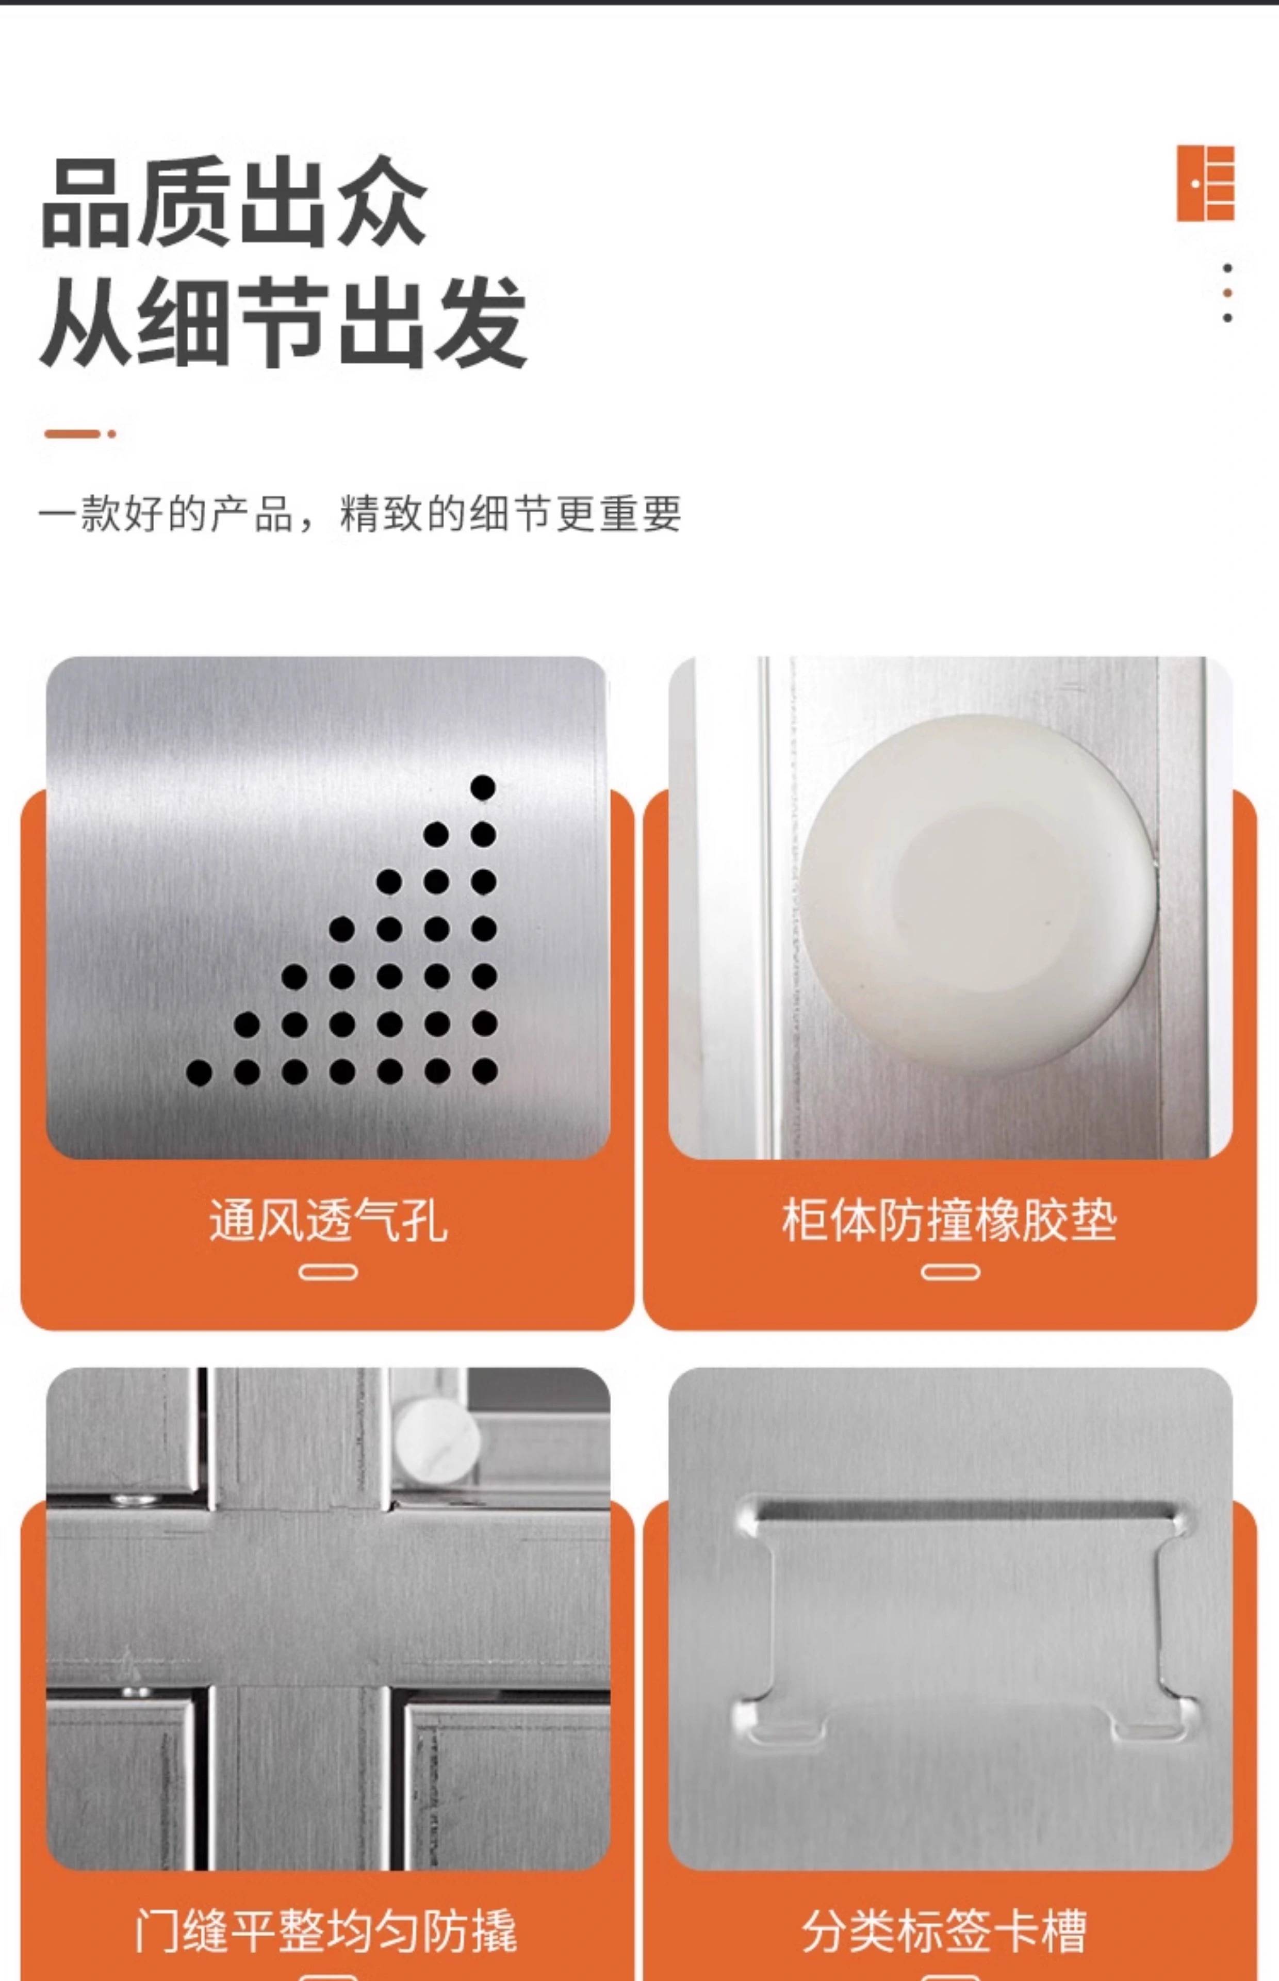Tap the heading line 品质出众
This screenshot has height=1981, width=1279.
point(234,202)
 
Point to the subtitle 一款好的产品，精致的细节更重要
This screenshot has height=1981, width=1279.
point(359,513)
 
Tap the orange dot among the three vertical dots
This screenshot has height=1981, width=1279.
point(1227,293)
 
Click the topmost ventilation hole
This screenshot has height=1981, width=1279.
point(483,787)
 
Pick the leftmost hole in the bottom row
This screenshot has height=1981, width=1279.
point(199,1073)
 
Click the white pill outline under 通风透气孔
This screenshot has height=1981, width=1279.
point(328,1273)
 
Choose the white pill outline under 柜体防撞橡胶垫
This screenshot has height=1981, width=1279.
point(950,1273)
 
